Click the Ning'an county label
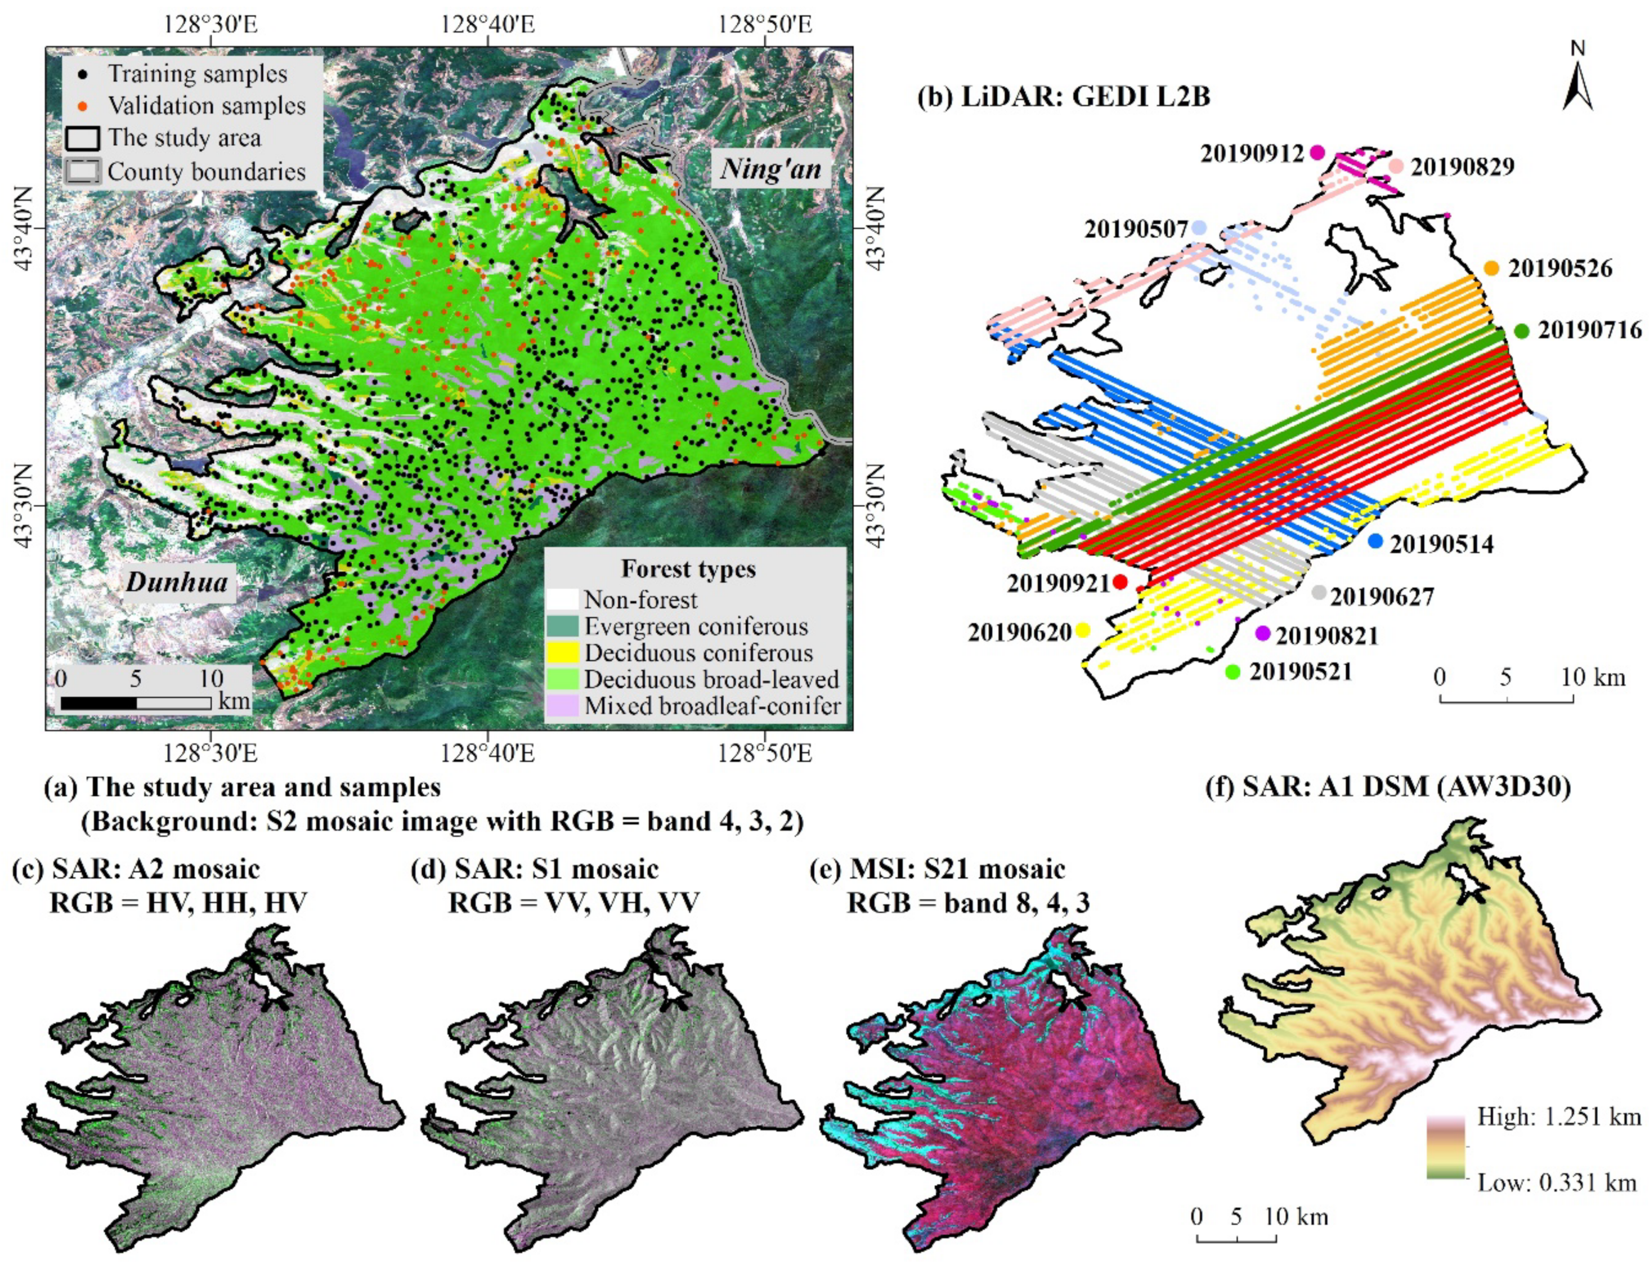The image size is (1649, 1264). pos(770,168)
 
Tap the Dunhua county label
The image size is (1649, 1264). pos(177,581)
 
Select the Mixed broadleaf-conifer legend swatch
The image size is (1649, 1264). pos(563,706)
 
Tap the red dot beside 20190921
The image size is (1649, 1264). pos(1119,581)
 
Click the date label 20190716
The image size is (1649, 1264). pos(1589,330)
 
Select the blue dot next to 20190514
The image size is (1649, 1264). pos(1375,541)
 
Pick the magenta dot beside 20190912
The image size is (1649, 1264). pos(1316,153)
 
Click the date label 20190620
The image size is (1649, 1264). pos(1019,633)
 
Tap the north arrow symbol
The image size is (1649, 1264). pos(1578,87)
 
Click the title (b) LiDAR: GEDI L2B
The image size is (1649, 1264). pos(1064,97)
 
